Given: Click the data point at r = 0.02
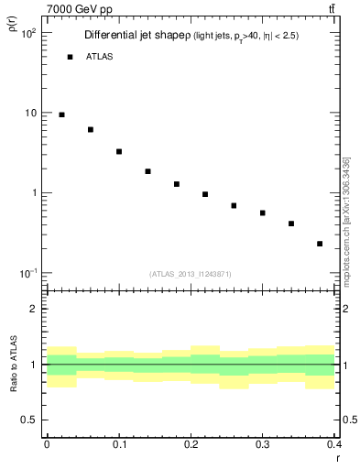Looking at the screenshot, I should [61, 115].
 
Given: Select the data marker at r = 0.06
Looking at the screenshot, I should [91, 130].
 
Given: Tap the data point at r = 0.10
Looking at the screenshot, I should [119, 151].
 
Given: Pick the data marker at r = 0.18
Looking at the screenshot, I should [177, 184].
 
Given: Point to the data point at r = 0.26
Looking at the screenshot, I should [234, 205].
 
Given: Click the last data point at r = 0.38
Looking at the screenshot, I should [320, 244].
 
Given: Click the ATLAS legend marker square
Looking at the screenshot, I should [70, 57].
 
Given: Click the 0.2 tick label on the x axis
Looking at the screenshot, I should [191, 444].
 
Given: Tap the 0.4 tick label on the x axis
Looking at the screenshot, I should [333, 444].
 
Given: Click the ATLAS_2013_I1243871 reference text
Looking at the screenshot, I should [190, 274].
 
